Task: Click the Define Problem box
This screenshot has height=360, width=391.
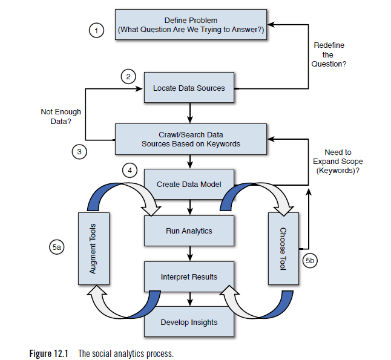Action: coord(191,25)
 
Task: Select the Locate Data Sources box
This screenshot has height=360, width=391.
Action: coord(189,88)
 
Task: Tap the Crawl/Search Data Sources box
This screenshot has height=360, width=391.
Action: coord(191,139)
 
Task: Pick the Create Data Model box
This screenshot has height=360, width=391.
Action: coord(189,185)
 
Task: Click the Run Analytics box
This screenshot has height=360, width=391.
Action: coord(189,231)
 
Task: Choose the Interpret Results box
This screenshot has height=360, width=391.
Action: coord(189,277)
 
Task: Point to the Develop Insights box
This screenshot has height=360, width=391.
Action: coord(189,322)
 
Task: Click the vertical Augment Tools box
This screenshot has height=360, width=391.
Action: coord(93,248)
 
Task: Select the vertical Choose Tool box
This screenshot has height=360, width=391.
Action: coord(283,248)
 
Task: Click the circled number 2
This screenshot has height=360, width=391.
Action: coord(127,76)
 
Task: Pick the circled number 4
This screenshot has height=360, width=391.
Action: coord(128,170)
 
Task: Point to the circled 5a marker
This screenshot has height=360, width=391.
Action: coord(56,247)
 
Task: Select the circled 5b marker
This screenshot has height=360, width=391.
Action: coord(309,261)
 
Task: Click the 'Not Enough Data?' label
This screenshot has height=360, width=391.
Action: coord(61,117)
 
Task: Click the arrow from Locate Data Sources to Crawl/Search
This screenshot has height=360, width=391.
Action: coord(191,113)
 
